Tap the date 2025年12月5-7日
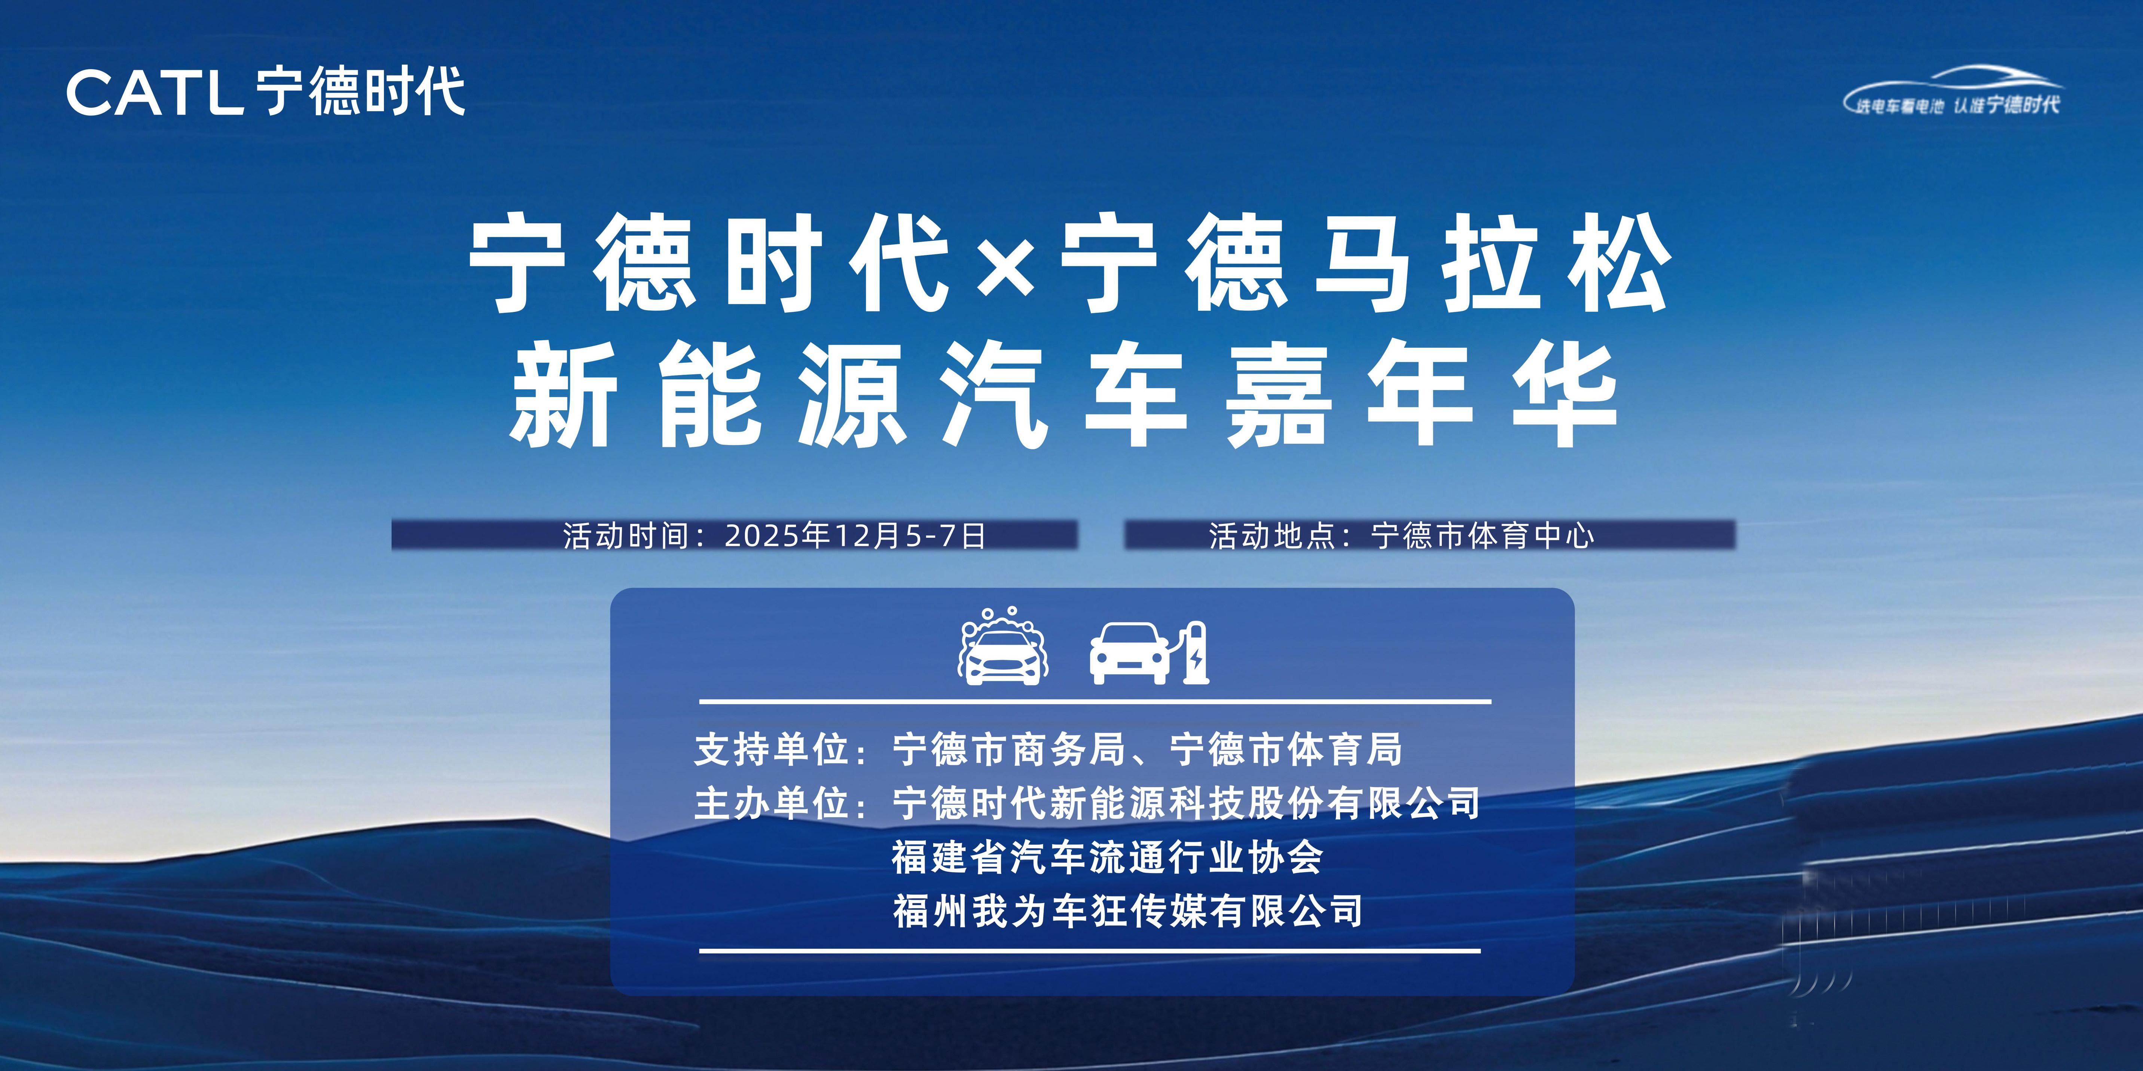pos(855,535)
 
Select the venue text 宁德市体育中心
pos(1483,535)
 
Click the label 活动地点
pos(1273,535)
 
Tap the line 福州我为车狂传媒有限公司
pos(1127,911)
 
